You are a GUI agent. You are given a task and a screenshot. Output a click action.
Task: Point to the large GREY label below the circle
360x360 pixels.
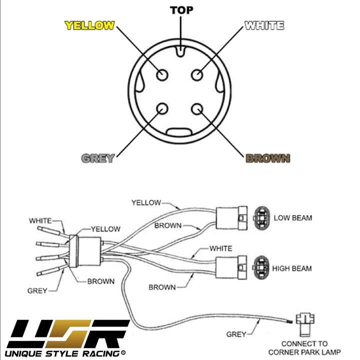(x=98, y=158)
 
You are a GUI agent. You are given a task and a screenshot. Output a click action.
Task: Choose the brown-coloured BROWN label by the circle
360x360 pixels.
(x=268, y=158)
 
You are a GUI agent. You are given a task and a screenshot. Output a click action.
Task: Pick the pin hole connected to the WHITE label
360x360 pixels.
(x=197, y=74)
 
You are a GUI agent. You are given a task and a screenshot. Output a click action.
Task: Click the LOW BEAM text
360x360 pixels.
(x=293, y=218)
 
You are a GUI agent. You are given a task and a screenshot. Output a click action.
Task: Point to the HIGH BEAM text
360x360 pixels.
(x=292, y=268)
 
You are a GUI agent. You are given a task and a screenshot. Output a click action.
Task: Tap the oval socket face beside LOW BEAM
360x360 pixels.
(x=262, y=218)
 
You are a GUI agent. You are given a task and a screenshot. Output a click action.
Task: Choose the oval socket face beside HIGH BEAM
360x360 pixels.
(x=262, y=268)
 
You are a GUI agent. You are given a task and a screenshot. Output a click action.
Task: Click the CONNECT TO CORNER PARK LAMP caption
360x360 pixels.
(x=304, y=347)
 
